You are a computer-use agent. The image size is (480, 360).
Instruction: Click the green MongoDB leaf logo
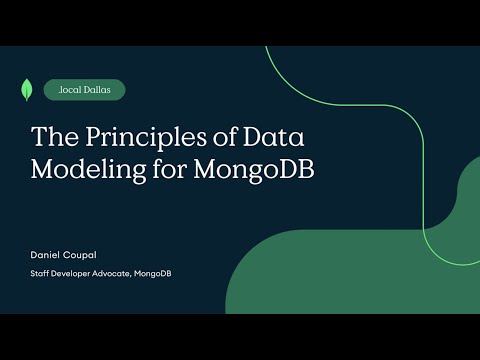click(24, 89)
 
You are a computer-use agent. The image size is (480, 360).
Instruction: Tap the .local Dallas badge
click(85, 90)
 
